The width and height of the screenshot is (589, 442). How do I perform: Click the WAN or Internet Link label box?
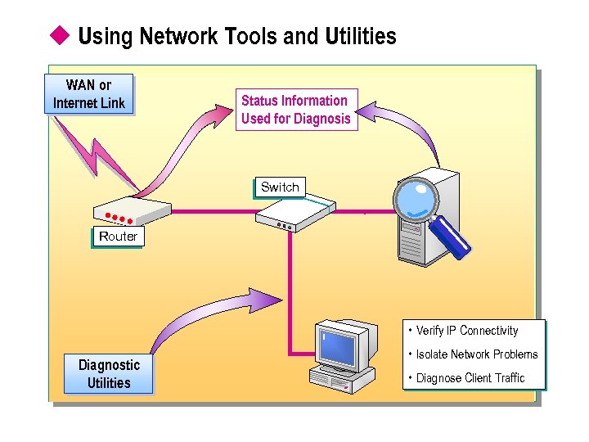click(x=88, y=94)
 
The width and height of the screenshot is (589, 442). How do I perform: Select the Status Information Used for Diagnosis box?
click(x=295, y=110)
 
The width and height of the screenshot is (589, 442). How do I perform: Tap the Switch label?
click(x=280, y=187)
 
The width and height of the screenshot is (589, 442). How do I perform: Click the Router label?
click(x=118, y=237)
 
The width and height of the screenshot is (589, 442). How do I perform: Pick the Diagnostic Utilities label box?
click(x=109, y=374)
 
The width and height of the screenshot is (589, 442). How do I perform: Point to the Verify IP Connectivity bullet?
click(x=466, y=331)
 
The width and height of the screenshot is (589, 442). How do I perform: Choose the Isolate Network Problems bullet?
click(x=476, y=354)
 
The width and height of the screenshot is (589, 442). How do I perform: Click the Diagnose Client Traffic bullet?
click(x=470, y=378)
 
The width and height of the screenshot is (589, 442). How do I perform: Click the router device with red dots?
click(x=131, y=211)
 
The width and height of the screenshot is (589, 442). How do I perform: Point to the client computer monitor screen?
click(x=338, y=348)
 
